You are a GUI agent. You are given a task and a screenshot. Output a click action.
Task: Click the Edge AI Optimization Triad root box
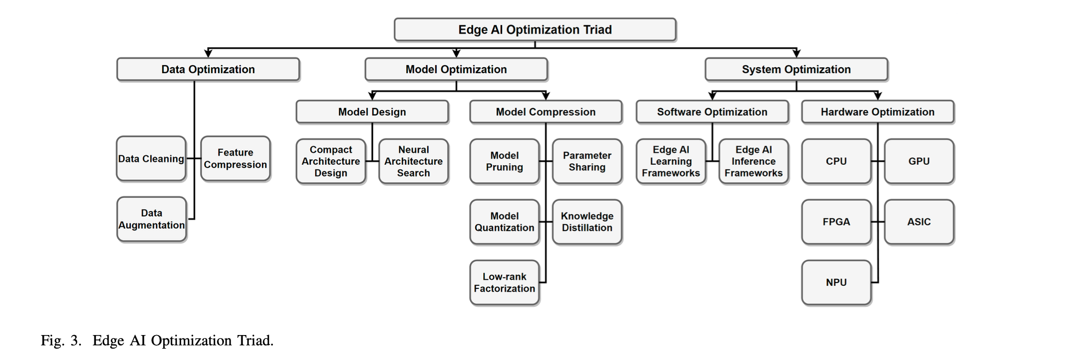click(x=535, y=30)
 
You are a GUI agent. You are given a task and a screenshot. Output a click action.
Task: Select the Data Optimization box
click(x=208, y=69)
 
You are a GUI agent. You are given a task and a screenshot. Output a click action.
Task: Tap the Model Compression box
click(x=546, y=112)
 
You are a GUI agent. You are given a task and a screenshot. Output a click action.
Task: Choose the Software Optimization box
click(x=712, y=112)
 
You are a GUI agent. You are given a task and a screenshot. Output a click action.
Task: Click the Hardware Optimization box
click(x=878, y=112)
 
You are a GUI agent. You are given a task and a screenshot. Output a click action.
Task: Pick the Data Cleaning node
click(x=151, y=159)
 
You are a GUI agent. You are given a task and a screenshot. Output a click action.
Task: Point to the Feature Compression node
click(x=235, y=159)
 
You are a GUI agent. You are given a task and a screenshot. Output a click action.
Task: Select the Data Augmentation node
click(x=151, y=219)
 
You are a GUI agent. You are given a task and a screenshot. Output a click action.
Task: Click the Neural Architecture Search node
click(x=413, y=161)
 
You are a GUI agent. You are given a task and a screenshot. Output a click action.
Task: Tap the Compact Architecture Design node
click(x=331, y=161)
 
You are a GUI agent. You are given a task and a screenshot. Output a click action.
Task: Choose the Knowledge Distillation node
click(x=587, y=222)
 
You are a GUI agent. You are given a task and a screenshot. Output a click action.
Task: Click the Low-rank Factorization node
click(x=504, y=282)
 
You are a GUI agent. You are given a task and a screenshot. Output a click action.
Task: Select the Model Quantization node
click(x=504, y=222)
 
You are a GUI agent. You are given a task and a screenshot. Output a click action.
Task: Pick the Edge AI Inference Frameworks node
click(x=753, y=161)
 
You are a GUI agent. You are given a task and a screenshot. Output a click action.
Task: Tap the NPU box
click(x=836, y=282)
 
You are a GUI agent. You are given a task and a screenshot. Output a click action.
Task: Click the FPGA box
click(x=836, y=222)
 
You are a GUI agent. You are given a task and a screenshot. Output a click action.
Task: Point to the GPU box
click(x=919, y=161)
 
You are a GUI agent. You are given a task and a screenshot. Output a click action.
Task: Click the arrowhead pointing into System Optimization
click(x=796, y=54)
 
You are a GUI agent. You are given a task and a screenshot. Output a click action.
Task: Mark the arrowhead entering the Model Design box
click(x=372, y=96)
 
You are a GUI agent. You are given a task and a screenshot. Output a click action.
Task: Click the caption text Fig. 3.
click(x=61, y=341)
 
